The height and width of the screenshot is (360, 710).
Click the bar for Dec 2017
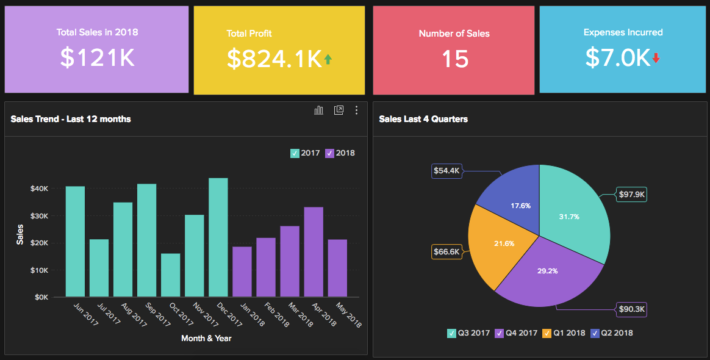point(218,238)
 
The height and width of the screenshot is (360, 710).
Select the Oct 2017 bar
point(171,275)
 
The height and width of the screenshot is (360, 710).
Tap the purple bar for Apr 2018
point(314,252)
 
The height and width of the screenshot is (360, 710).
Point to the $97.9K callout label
point(631,195)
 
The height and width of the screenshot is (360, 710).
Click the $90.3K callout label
point(631,309)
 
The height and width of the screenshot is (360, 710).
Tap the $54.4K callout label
point(446,171)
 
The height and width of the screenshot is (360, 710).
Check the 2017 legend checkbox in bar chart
point(295,153)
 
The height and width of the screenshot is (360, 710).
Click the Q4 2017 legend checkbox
point(499,333)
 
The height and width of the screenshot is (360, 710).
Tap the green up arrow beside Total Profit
point(328,59)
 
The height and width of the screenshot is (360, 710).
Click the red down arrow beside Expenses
point(656,58)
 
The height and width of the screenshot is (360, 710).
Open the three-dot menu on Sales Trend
point(357,110)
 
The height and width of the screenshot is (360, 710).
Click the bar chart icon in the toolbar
point(318,110)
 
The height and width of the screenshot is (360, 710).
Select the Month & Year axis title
point(206,338)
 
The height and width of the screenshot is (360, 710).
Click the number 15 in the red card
point(454,59)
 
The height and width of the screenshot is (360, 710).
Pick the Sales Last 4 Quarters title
point(423,119)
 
